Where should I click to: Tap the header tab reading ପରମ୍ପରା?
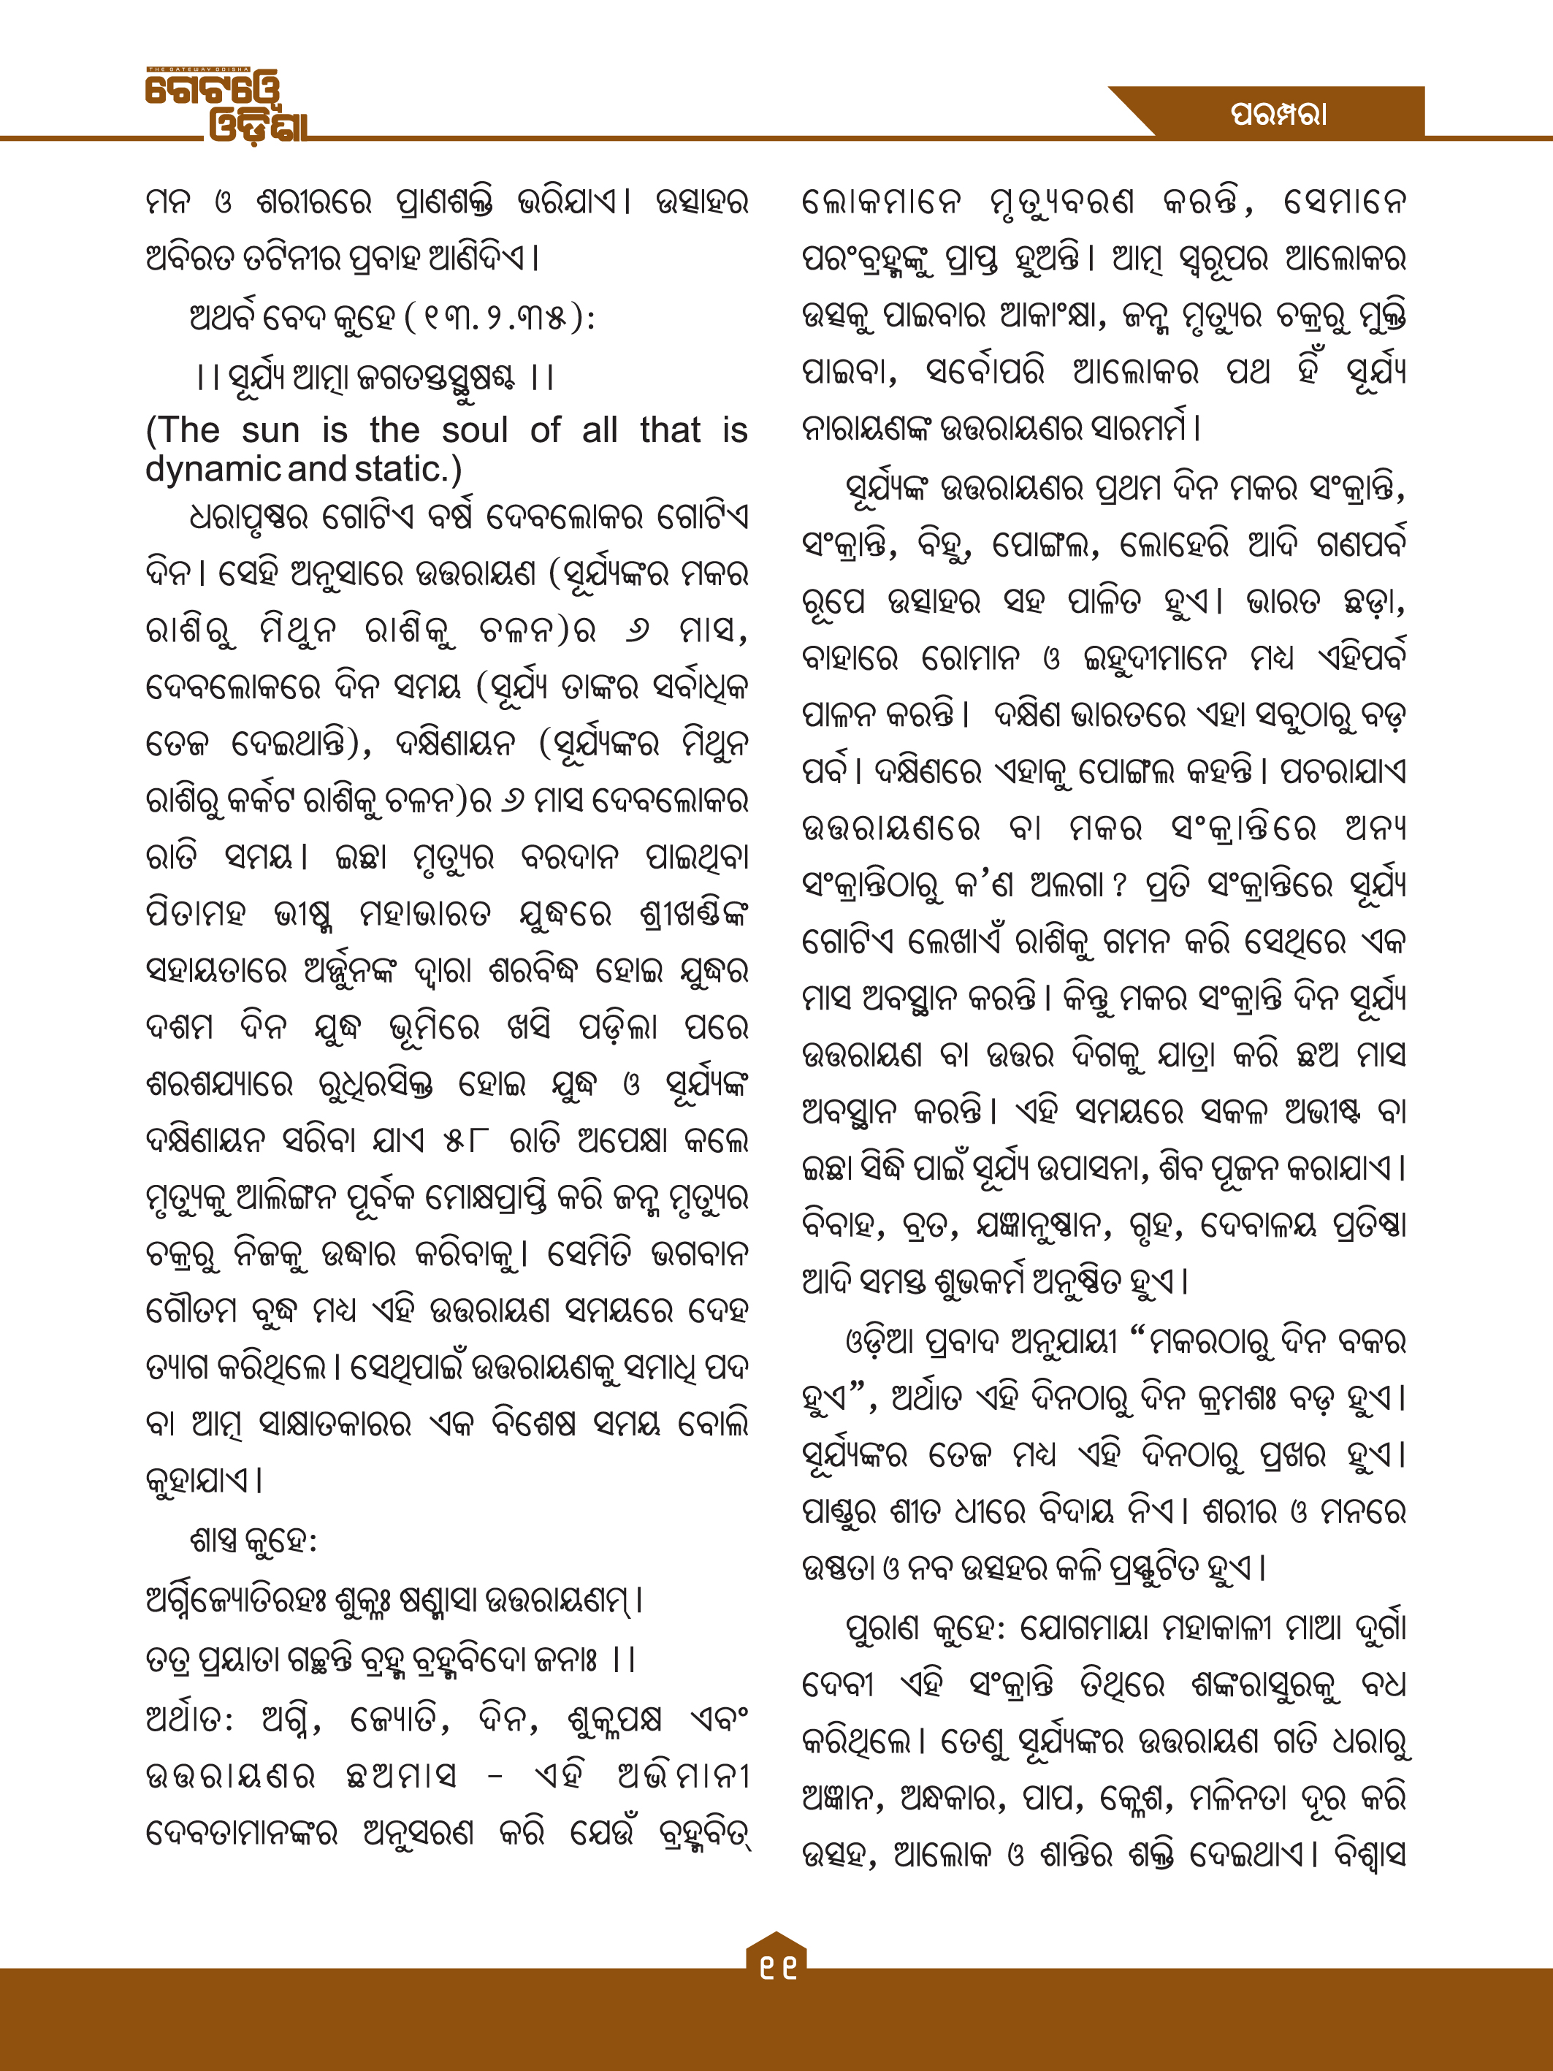[1278, 114]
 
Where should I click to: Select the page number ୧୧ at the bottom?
[777, 1969]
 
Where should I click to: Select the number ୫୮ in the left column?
[465, 1140]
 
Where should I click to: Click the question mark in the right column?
[1118, 885]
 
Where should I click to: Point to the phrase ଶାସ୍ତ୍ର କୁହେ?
[253, 1541]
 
